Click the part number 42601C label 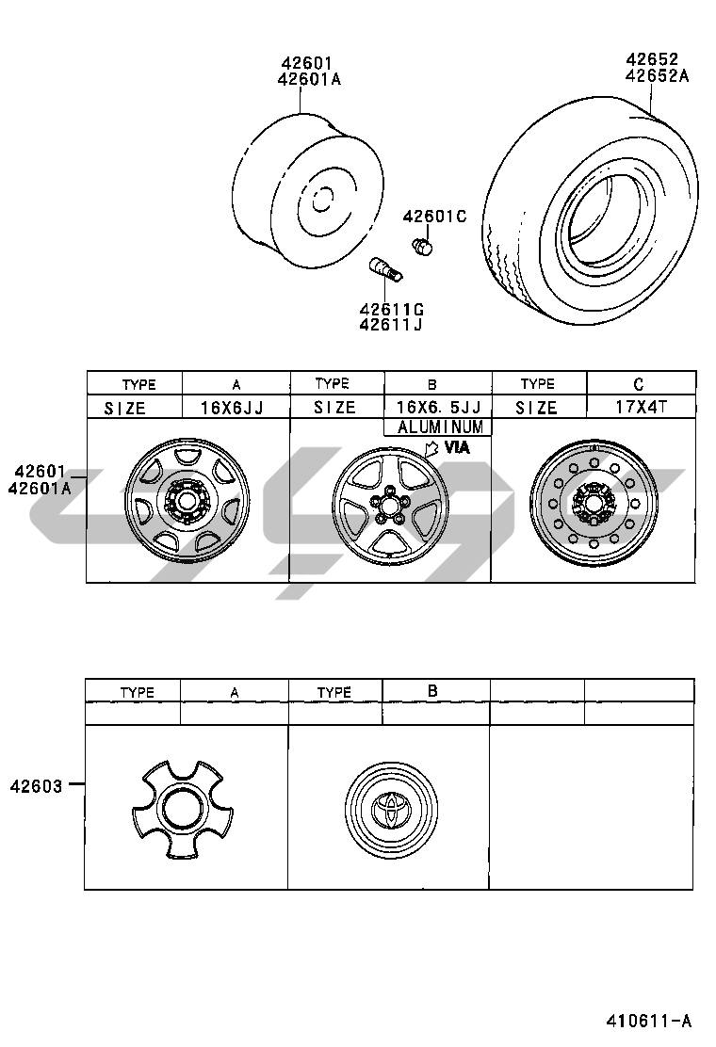click(x=434, y=217)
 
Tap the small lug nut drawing click(x=422, y=247)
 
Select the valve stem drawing click(x=386, y=270)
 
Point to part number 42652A click(x=658, y=76)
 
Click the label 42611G click(x=391, y=309)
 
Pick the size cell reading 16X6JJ click(x=232, y=408)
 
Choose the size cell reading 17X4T click(x=641, y=407)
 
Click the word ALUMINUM click(x=439, y=427)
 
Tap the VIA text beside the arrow click(x=457, y=447)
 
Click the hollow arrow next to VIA click(x=432, y=448)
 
